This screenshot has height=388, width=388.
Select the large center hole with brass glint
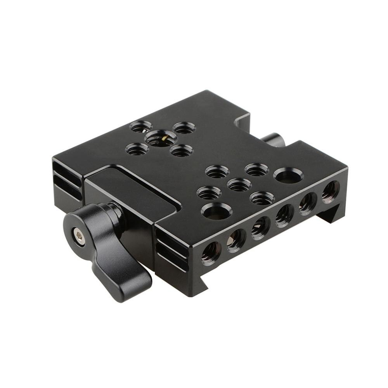point(161,138)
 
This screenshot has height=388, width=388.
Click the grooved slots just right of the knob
point(171,248)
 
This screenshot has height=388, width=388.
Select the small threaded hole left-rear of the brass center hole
point(140,126)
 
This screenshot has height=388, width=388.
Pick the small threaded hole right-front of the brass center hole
point(182,150)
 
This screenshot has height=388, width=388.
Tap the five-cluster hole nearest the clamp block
point(209,193)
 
